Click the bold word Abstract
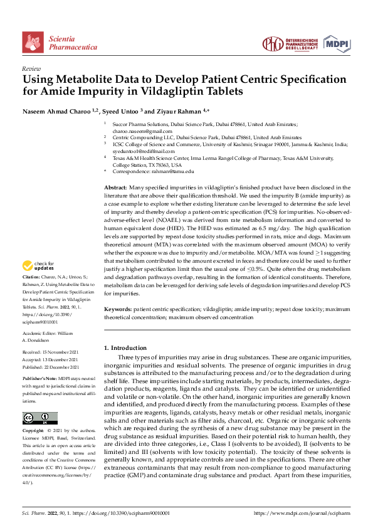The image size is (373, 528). click(x=115, y=187)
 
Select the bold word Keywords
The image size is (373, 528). click(x=117, y=310)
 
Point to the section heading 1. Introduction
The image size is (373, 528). click(x=128, y=347)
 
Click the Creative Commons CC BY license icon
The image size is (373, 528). click(x=39, y=418)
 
